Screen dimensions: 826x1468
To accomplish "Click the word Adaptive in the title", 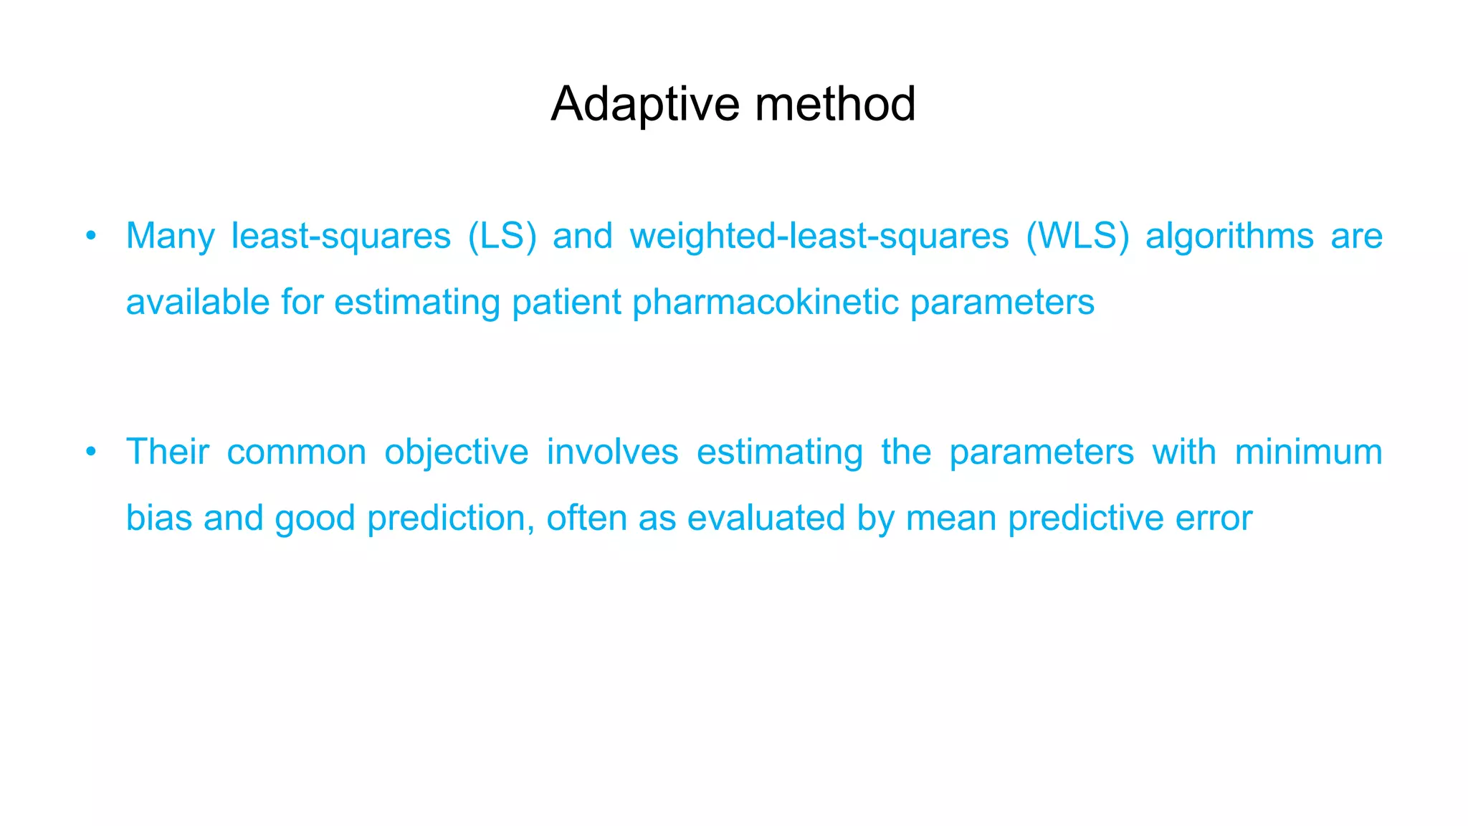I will point(644,105).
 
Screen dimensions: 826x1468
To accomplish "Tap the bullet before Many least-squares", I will point(90,236).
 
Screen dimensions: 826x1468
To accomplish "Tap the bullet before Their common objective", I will point(90,452).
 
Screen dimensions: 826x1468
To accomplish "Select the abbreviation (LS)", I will point(502,237).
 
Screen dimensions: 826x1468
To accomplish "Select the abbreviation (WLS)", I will point(1077,237).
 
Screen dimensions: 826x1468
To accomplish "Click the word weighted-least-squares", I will point(819,237).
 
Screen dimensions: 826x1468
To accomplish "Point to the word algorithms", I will point(1229,237).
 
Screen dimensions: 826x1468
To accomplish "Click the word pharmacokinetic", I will point(766,302).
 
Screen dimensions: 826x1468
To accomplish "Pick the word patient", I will point(566,302).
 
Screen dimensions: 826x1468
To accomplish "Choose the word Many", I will point(170,237).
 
